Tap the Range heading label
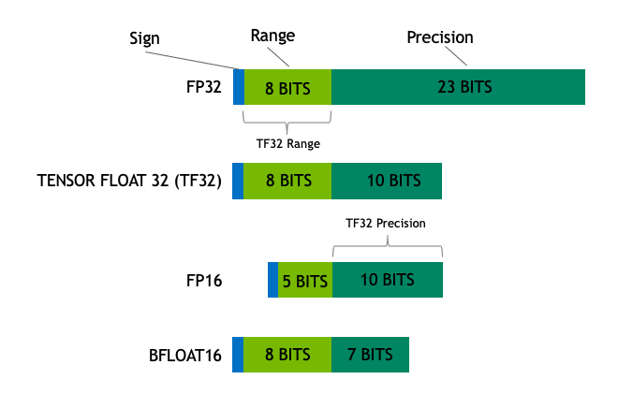click(x=272, y=36)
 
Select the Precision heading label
click(x=439, y=37)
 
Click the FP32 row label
click(x=203, y=87)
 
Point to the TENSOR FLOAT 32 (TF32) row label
click(x=129, y=181)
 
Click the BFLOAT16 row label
click(x=184, y=355)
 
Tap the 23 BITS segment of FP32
click(x=459, y=87)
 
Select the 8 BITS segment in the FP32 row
click(x=287, y=87)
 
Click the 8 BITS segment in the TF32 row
click(x=287, y=181)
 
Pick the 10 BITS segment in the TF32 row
click(x=387, y=181)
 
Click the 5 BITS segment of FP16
click(x=304, y=280)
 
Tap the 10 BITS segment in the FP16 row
click(x=387, y=280)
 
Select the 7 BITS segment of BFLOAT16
click(x=370, y=355)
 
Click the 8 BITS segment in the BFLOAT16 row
click(x=287, y=355)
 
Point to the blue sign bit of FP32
click(x=239, y=87)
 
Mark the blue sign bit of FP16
click(x=272, y=280)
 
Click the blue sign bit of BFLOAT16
click(x=238, y=355)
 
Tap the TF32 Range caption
click(x=287, y=144)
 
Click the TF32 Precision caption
click(x=386, y=224)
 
